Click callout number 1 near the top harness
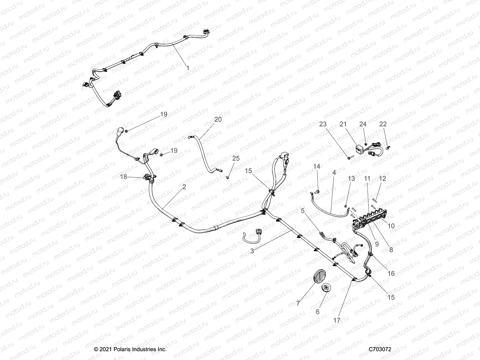pyautogui.click(x=196, y=68)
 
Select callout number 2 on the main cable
pyautogui.click(x=184, y=187)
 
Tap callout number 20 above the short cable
pyautogui.click(x=218, y=119)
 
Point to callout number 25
pyautogui.click(x=236, y=158)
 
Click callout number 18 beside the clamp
pyautogui.click(x=123, y=177)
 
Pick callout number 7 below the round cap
pyautogui.click(x=298, y=303)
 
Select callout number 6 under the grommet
pyautogui.click(x=318, y=312)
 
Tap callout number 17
pyautogui.click(x=337, y=320)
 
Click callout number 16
pyautogui.click(x=391, y=274)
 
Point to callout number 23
pyautogui.click(x=322, y=124)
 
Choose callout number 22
pyautogui.click(x=383, y=124)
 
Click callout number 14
pyautogui.click(x=317, y=166)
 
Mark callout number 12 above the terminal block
pyautogui.click(x=382, y=178)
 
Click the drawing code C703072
pyautogui.click(x=380, y=349)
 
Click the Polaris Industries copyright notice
pyautogui.click(x=130, y=349)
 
